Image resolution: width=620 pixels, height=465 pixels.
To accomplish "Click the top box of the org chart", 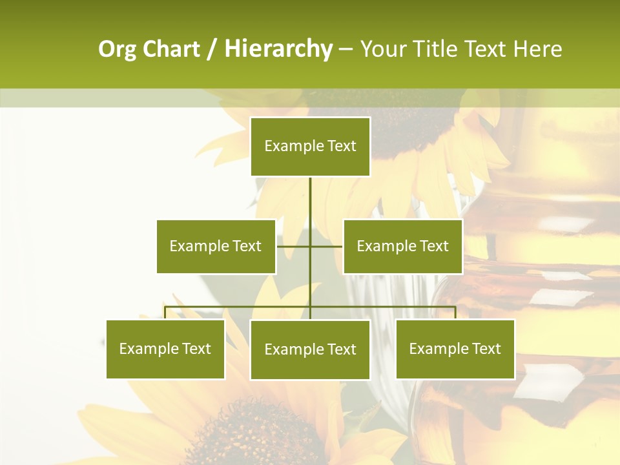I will [x=310, y=147].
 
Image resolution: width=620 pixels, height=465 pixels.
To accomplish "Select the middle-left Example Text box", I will [x=216, y=246].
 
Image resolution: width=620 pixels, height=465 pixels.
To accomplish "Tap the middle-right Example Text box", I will [x=402, y=246].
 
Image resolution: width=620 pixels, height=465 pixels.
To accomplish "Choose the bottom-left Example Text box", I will [x=165, y=349].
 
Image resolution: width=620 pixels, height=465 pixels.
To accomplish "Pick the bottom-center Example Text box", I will [x=310, y=350].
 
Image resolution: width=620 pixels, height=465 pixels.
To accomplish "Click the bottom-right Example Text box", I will [x=455, y=349].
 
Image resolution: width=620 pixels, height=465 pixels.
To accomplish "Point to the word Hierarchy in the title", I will [x=278, y=49].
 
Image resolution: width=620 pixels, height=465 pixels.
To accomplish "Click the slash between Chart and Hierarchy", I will [x=212, y=50].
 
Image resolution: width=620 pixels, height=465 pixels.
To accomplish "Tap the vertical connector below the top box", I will [x=310, y=197].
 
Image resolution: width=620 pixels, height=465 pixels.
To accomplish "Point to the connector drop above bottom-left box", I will [x=165, y=313].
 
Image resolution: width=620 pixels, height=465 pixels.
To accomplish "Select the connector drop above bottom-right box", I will [x=455, y=313].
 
